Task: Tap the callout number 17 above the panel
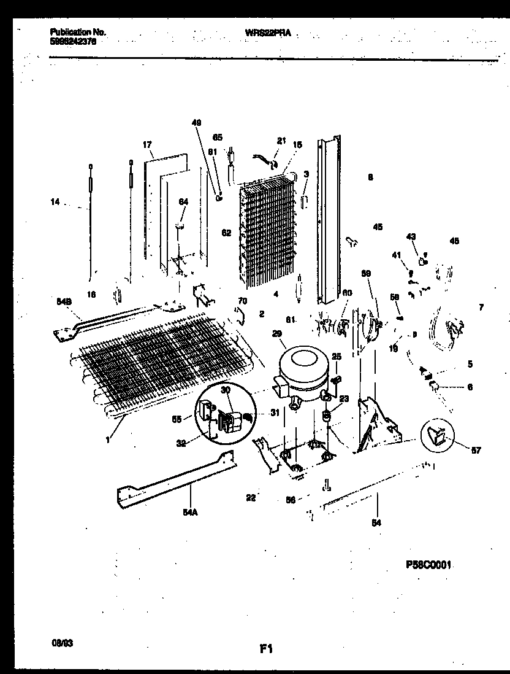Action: tap(147, 145)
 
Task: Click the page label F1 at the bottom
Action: tap(266, 648)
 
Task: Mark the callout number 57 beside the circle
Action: tap(476, 451)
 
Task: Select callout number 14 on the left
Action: tap(55, 201)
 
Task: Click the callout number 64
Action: tap(182, 201)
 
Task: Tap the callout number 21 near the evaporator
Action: tap(281, 141)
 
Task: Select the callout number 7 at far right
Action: tap(481, 307)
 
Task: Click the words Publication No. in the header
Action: tap(70, 31)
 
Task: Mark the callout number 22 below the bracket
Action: tap(250, 497)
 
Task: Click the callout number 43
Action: tap(411, 237)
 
